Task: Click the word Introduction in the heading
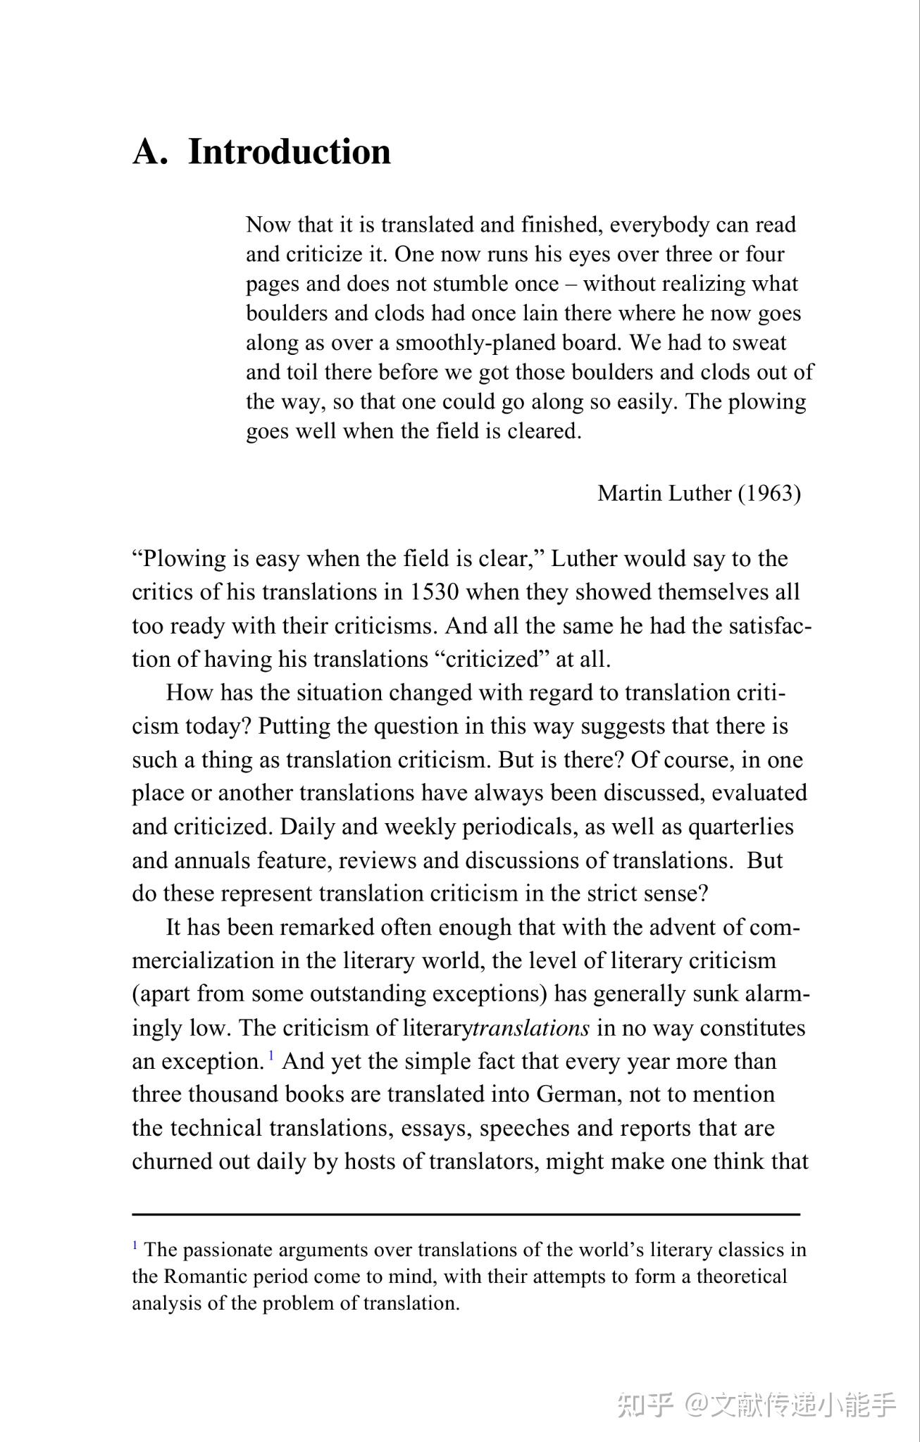pos(289,152)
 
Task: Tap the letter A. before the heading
pos(150,152)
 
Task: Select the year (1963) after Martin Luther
pos(769,494)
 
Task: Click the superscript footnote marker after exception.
pos(271,1056)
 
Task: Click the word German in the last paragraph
pos(576,1095)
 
